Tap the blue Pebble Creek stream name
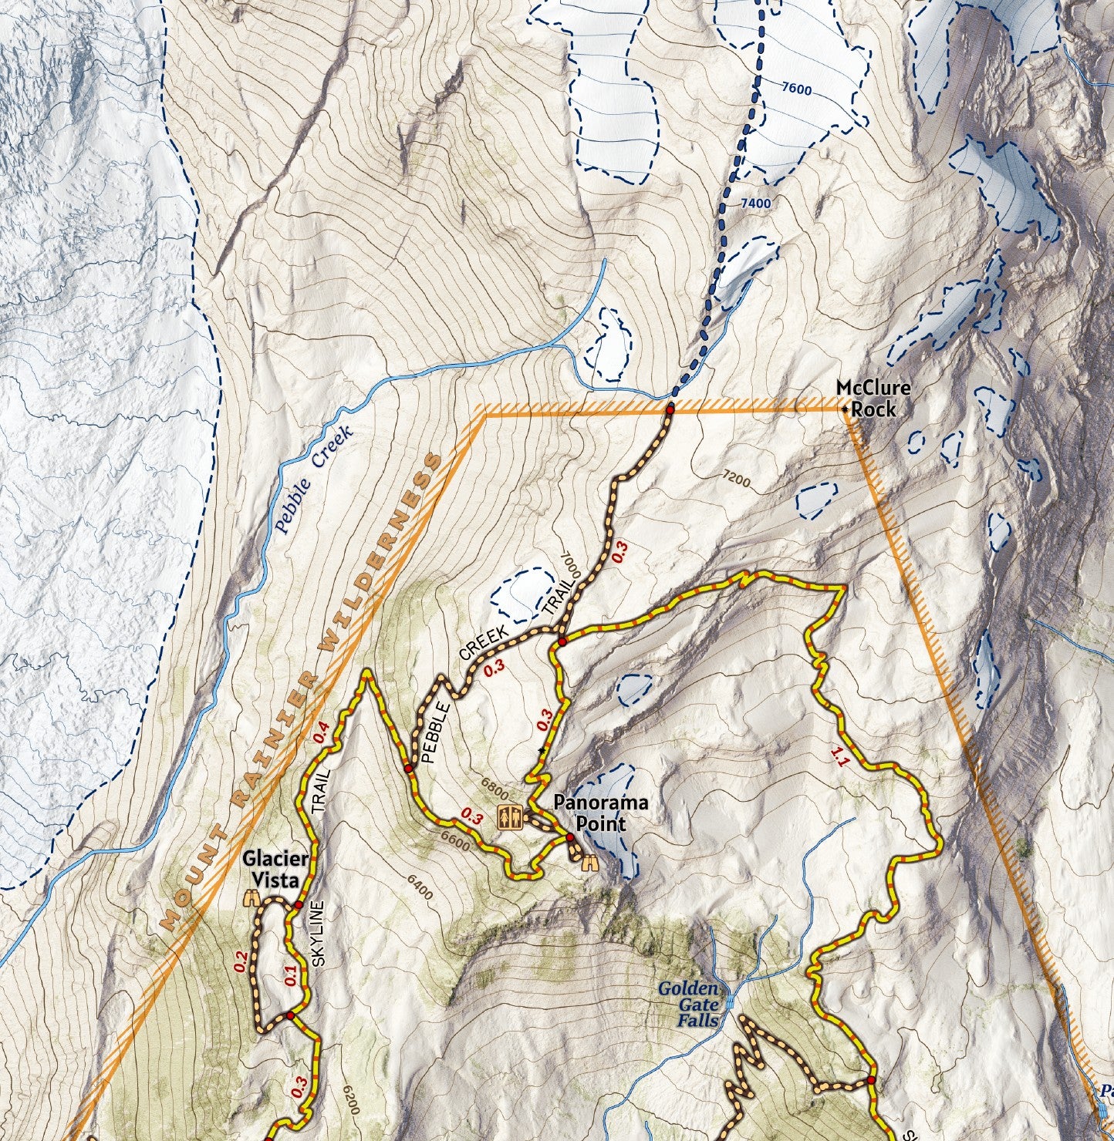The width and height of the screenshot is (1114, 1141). (312, 479)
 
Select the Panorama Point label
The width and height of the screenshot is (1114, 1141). (600, 813)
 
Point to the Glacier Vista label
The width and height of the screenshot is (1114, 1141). (276, 869)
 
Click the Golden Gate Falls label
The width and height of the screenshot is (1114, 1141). (689, 1005)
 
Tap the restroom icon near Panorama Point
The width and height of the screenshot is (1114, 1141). (509, 816)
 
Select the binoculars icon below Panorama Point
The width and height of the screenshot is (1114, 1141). (590, 863)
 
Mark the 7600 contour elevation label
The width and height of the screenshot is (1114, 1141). (796, 89)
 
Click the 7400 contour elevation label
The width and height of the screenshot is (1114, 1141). (754, 204)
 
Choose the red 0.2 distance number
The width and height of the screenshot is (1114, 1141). (241, 961)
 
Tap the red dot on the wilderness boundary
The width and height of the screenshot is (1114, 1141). (670, 410)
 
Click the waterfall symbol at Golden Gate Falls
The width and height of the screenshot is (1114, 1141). (729, 1003)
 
